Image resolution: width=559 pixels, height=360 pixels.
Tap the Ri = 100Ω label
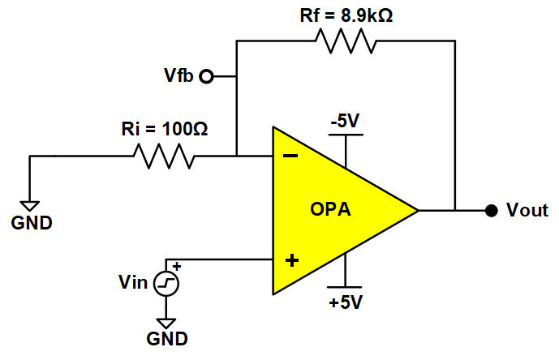[x=165, y=128]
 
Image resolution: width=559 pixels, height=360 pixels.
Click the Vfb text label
[x=178, y=77]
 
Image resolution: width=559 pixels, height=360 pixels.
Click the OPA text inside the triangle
[x=331, y=211]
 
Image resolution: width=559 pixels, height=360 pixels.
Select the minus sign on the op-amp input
[x=290, y=156]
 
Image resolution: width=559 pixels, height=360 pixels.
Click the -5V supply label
[x=345, y=122]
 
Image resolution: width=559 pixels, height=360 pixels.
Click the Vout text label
[x=527, y=211]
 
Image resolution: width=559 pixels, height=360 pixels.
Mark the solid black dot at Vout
[x=490, y=211]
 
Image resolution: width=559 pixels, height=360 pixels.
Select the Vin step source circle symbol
[x=166, y=283]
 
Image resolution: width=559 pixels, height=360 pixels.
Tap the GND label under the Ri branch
[x=30, y=222]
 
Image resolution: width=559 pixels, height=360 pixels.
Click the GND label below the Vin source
[x=166, y=338]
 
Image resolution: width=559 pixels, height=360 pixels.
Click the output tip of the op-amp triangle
[x=417, y=211]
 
